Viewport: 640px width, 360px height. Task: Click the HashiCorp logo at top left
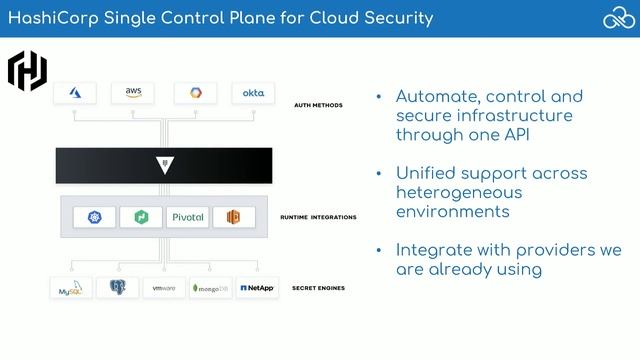pos(27,70)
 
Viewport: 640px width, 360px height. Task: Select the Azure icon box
pos(75,93)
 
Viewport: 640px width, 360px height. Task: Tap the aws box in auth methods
pos(133,93)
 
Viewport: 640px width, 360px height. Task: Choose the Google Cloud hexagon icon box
pos(194,93)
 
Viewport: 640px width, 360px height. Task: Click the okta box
pos(252,93)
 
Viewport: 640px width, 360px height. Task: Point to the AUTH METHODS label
pos(319,104)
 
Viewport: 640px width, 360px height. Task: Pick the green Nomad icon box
pos(140,217)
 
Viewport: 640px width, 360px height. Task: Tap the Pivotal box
pos(186,217)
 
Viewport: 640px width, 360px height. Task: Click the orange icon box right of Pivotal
pos(233,217)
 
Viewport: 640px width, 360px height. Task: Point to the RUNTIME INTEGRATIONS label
pos(318,217)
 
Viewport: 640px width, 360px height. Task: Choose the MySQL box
pos(71,288)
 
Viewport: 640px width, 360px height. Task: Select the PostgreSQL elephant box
pos(117,288)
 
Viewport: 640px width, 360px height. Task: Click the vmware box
pos(163,288)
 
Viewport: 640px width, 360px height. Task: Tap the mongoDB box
pos(210,288)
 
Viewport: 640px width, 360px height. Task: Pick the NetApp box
pos(256,288)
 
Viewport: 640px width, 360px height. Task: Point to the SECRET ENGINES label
pos(318,288)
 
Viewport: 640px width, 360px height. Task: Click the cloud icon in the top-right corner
pos(616,18)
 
